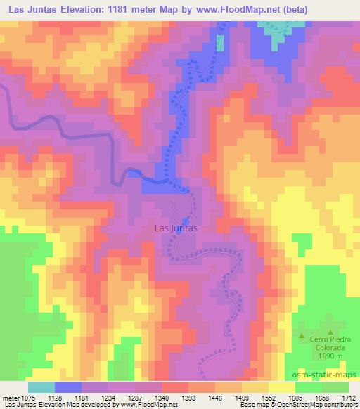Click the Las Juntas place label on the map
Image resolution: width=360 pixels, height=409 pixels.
pos(176,228)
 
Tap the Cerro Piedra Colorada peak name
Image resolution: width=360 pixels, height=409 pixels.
pos(324,343)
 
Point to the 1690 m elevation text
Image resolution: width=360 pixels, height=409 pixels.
pos(324,358)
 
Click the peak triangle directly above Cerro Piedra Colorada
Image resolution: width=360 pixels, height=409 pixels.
pos(329,331)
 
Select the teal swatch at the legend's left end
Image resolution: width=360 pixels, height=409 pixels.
pos(41,387)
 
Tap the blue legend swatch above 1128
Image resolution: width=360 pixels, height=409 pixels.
pos(68,387)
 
